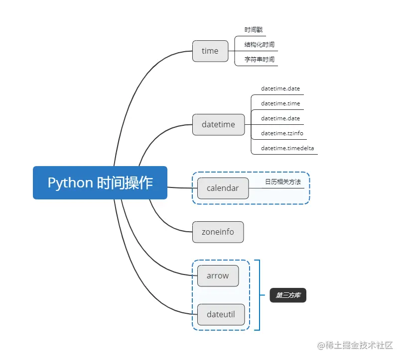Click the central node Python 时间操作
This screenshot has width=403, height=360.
(100, 182)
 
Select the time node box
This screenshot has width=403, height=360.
(210, 51)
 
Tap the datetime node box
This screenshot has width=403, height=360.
(218, 124)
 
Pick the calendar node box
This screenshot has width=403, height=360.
(223, 188)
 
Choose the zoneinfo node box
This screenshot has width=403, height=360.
(218, 232)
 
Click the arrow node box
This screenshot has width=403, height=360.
(218, 275)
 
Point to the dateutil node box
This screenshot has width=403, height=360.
(221, 314)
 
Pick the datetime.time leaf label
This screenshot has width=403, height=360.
(280, 103)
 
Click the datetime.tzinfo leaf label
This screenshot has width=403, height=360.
(282, 133)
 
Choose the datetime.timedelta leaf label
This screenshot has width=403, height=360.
(287, 148)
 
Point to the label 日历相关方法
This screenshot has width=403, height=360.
(283, 182)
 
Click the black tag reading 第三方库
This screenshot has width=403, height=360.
(288, 295)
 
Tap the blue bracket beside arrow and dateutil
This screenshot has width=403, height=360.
(259, 295)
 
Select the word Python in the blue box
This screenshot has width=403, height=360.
(70, 182)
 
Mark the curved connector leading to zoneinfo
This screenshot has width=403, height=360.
(164, 222)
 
